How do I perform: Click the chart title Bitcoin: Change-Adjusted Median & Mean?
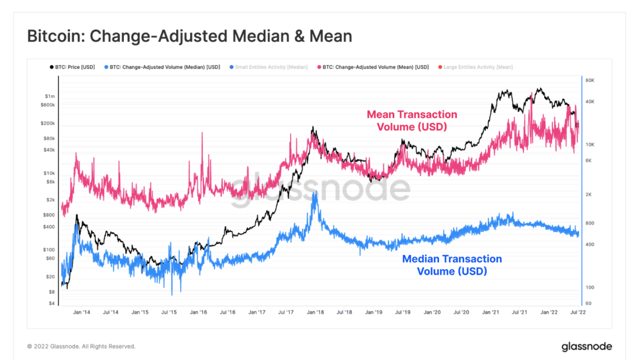tap(190, 36)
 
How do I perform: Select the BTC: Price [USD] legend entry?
tap(72, 67)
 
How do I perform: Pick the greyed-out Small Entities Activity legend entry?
tap(272, 67)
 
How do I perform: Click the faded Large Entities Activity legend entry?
tap(478, 67)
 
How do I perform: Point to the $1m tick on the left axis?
tap(50, 96)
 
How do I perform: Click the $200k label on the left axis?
tap(48, 124)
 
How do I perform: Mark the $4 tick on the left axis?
tap(52, 303)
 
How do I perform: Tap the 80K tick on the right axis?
tap(590, 80)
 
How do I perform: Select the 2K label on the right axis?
tap(589, 195)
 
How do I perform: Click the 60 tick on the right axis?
tap(588, 303)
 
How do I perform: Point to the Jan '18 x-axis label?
tap(316, 312)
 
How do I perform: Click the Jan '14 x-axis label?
tap(81, 312)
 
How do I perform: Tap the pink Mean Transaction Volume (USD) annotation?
tap(412, 120)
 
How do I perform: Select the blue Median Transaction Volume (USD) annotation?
tap(452, 265)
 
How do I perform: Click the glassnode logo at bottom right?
tap(586, 347)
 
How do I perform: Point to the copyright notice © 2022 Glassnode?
tap(81, 347)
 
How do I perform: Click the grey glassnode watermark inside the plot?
tap(320, 189)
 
